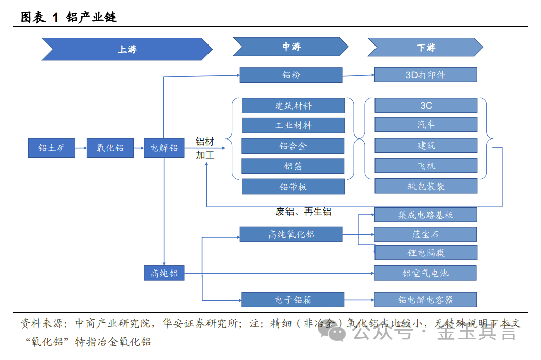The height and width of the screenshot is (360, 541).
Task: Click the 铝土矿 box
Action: [x=52, y=148]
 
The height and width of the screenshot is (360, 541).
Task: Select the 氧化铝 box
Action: [x=110, y=148]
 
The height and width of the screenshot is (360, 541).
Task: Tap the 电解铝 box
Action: [x=164, y=148]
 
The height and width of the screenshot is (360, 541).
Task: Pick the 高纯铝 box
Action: [x=164, y=273]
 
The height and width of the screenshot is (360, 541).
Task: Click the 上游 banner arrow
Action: [x=127, y=49]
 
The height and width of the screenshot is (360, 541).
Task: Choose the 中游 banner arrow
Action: [x=290, y=47]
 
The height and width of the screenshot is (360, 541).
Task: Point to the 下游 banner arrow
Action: [x=425, y=48]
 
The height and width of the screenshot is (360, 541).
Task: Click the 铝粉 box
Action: [x=291, y=75]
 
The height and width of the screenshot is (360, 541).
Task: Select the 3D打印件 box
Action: [x=425, y=75]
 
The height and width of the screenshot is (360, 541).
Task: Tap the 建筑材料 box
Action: [x=293, y=106]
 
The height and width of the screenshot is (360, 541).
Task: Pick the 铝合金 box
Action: [x=293, y=146]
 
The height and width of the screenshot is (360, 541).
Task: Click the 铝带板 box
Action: [x=293, y=187]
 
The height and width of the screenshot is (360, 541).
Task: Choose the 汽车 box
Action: [x=426, y=125]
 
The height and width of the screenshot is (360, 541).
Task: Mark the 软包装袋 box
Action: [x=426, y=186]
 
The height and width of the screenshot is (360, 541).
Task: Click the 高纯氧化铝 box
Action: [x=291, y=234]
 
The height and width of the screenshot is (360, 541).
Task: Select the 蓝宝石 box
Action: [x=426, y=234]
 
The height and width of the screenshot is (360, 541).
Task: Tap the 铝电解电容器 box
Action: [x=426, y=300]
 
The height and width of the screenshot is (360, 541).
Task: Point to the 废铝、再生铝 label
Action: [x=303, y=212]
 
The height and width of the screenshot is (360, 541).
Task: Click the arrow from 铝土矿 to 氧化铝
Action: [x=80, y=148]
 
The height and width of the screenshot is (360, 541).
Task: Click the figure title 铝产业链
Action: [x=91, y=17]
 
